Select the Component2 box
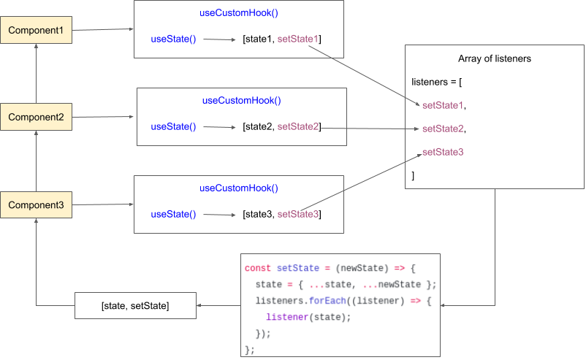coord(36,117)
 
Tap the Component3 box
coord(36,205)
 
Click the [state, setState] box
coord(135,305)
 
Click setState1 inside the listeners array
coord(444,105)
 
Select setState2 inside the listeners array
coord(444,129)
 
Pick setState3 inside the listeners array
coord(444,152)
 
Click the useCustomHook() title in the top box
coord(239,13)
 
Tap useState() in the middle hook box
coord(173,126)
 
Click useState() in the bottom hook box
coord(173,214)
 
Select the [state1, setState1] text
coord(281,39)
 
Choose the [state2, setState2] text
coord(281,126)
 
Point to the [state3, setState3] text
coord(281,214)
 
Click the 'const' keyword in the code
coord(258,268)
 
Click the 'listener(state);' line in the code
coord(308,316)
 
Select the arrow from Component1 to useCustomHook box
coord(102,30)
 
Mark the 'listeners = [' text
coord(437,82)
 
